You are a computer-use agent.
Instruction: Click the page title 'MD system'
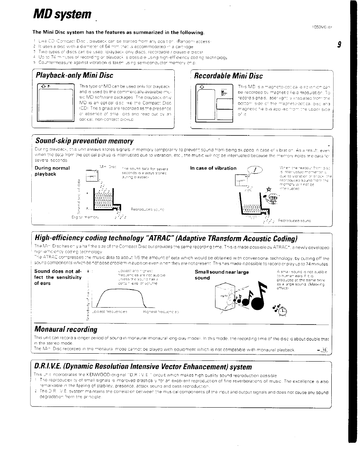coord(62,15)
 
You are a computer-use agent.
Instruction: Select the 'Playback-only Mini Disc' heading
coord(74,75)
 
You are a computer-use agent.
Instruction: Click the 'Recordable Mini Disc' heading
coord(228,75)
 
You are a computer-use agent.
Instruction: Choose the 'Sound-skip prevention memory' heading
coord(84,141)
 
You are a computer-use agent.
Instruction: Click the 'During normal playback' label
coord(52,171)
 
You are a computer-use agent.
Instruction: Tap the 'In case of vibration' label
coord(214,168)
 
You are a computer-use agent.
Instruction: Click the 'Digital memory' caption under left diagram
coord(86,217)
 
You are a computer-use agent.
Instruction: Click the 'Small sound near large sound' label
coord(222,275)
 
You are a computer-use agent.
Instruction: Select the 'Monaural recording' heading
coord(66,329)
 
